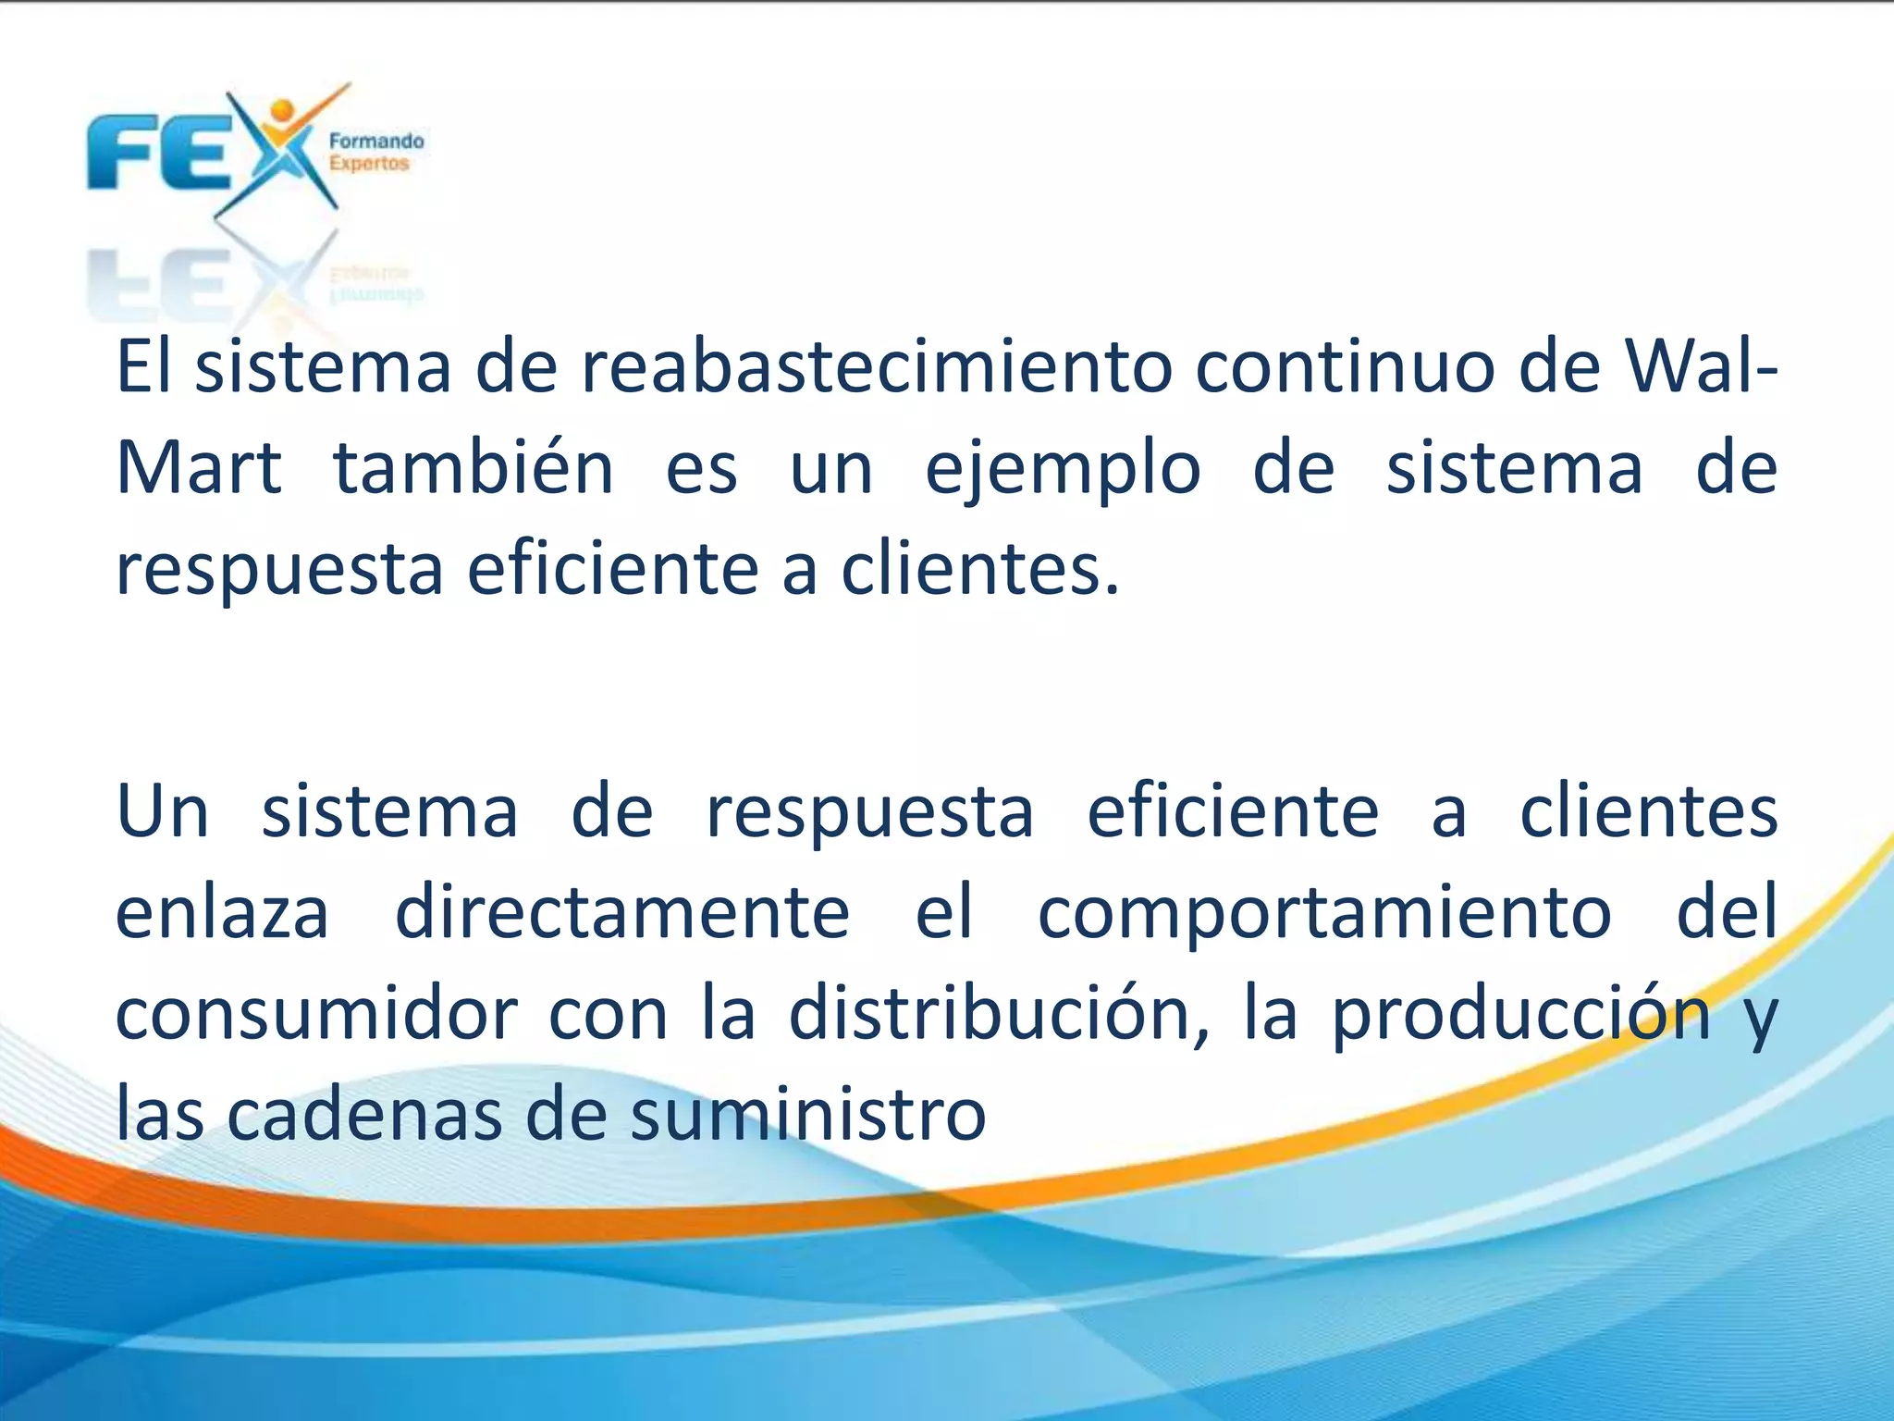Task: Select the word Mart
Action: (x=199, y=468)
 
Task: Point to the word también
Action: (x=473, y=468)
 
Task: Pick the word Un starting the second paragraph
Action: (x=163, y=811)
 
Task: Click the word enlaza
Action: (x=222, y=913)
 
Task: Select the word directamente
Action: (x=622, y=913)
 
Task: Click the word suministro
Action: (x=808, y=1115)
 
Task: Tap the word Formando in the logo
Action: (x=376, y=141)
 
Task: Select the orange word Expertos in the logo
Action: (x=369, y=164)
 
